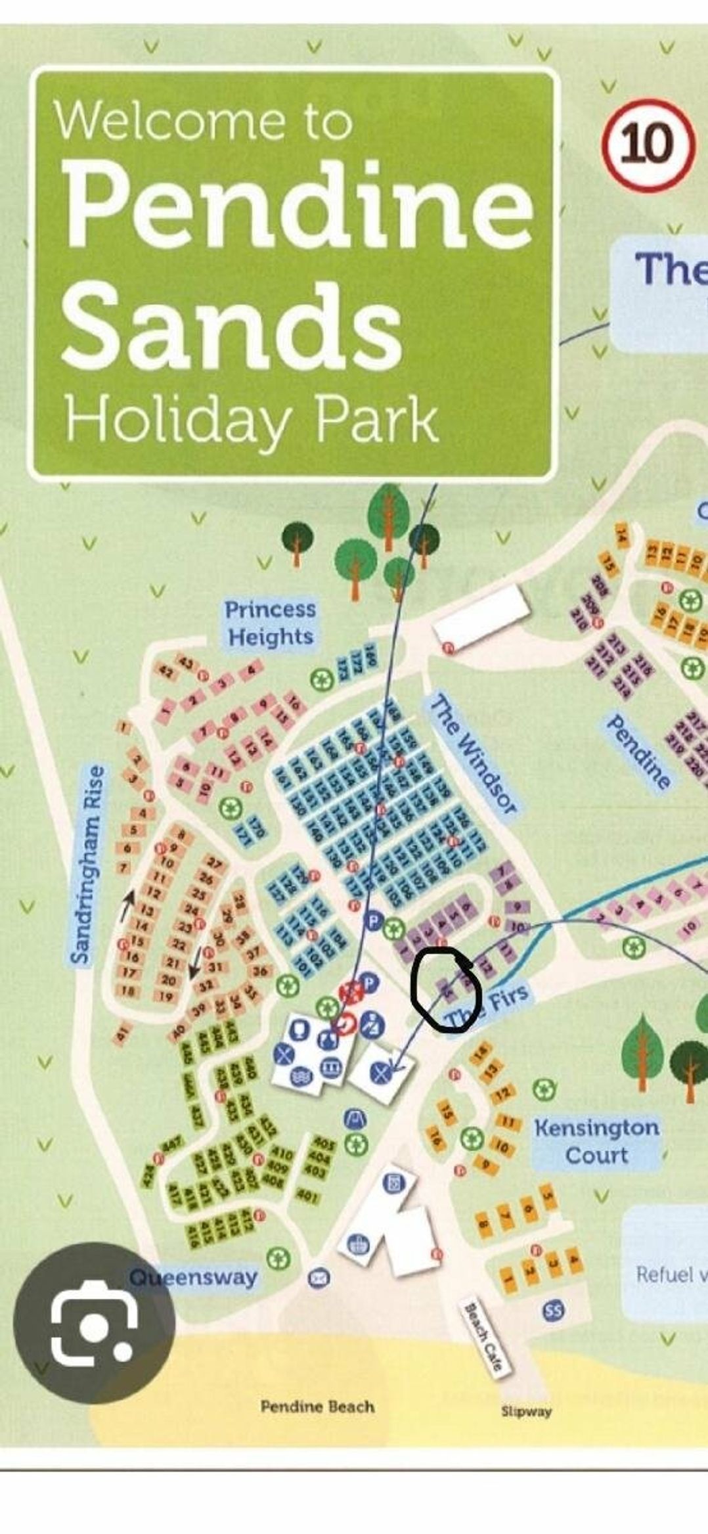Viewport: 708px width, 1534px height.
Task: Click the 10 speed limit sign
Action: pos(648,144)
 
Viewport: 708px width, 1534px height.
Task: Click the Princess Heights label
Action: pos(270,623)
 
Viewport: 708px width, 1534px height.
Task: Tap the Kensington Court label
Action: pos(596,1142)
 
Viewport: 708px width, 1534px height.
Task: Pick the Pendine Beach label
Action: pos(317,1407)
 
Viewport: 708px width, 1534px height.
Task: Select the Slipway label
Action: pos(526,1411)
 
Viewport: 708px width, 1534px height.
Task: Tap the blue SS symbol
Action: pos(553,1311)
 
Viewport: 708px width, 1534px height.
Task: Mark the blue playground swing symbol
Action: pos(357,1116)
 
